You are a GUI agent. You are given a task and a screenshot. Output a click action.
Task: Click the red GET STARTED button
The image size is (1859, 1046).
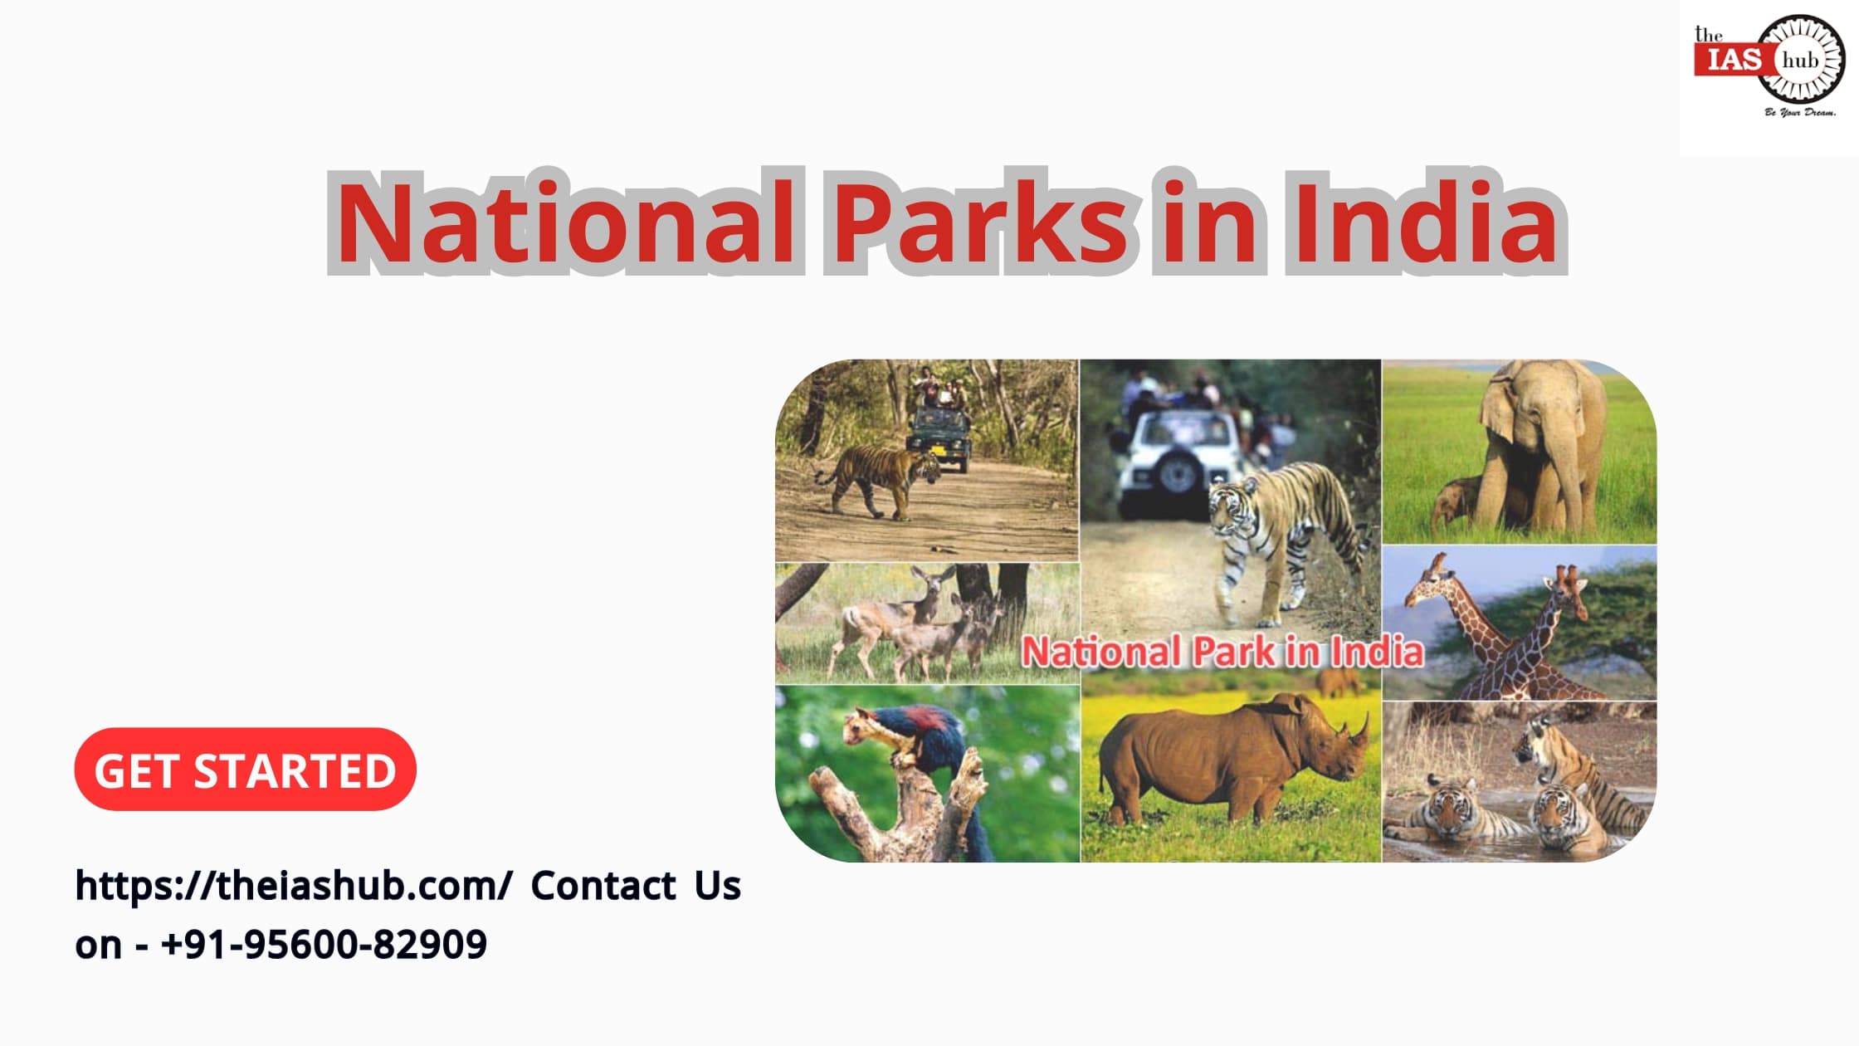245,770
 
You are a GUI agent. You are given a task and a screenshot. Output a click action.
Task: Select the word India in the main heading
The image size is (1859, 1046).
1424,223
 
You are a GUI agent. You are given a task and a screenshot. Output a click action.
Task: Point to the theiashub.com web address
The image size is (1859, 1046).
293,886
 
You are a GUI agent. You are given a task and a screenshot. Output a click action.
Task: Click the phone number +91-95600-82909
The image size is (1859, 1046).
324,945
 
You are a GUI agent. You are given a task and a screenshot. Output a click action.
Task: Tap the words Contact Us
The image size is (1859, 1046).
636,886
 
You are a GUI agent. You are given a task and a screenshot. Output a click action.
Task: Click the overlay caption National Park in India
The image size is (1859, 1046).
1222,652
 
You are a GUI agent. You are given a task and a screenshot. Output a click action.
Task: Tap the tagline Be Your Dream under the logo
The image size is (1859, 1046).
1799,112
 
